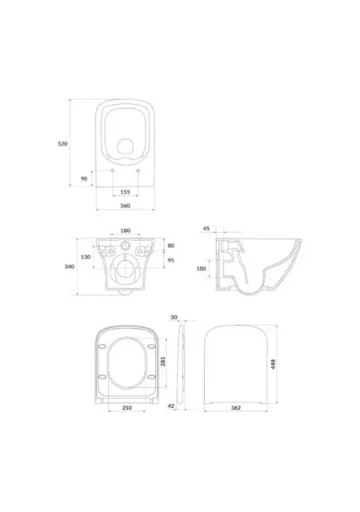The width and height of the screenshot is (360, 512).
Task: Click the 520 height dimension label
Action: (62, 144)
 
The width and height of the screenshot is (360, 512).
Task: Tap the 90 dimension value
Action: (84, 178)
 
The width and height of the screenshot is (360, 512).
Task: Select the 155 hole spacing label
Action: (125, 192)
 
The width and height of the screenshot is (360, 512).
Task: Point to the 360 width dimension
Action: (125, 206)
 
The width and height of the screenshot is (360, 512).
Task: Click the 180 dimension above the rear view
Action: (126, 230)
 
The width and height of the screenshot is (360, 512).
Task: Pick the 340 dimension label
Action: (70, 266)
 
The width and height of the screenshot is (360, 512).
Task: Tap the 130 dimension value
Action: (86, 257)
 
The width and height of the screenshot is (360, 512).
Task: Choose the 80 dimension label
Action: (171, 246)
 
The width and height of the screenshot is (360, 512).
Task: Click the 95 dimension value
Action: (171, 260)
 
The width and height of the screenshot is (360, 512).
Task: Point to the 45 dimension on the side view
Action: (206, 229)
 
